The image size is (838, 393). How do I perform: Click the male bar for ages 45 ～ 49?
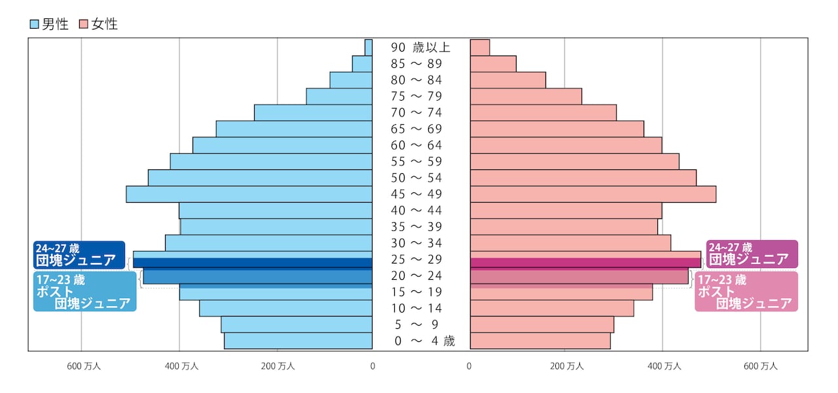point(249,194)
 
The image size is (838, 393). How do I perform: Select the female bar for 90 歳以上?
point(480,48)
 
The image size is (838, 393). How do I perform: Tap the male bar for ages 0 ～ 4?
point(298,341)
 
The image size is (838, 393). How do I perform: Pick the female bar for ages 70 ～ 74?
point(543,112)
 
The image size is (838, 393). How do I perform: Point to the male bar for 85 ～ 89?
point(362,63)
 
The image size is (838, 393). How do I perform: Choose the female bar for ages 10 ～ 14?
point(552,308)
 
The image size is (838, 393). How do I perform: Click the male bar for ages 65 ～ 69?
point(294,129)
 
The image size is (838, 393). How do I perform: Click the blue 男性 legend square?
point(34,25)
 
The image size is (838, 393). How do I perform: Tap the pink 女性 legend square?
point(83,25)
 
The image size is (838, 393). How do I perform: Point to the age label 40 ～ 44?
point(416,211)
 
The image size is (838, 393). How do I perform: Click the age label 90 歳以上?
point(421,48)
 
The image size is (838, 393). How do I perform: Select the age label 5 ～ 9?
point(416,324)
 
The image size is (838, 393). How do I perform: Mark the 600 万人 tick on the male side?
point(84,367)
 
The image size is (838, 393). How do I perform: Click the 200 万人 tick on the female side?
point(566,367)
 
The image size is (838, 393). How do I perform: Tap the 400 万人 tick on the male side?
point(181,367)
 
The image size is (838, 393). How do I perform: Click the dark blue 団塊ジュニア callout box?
point(79,254)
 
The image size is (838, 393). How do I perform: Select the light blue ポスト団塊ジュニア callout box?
point(85,292)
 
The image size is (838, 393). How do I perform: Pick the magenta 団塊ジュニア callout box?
point(752,254)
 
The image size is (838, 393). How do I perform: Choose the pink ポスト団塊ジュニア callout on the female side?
point(746,292)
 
